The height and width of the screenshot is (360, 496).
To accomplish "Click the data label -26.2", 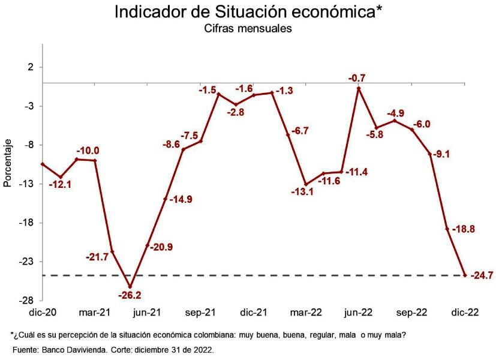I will (130, 295).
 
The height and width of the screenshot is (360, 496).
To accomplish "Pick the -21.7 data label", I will (97, 257).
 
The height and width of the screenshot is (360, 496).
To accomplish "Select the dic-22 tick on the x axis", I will (465, 312).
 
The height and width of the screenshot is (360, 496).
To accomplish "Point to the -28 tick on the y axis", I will (27, 300).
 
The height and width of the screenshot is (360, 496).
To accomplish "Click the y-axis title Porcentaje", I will (8, 163).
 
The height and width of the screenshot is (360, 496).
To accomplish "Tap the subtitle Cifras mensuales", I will (248, 29).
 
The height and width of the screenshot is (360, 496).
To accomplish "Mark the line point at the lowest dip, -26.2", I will (130, 286).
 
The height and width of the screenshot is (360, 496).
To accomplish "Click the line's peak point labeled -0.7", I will (359, 88).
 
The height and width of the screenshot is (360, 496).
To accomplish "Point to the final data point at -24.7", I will (465, 275).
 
